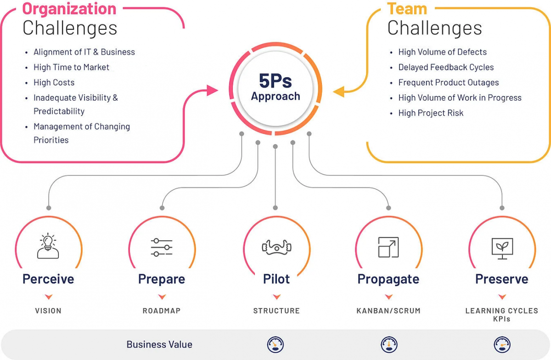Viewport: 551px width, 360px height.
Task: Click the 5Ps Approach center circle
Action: pyautogui.click(x=275, y=89)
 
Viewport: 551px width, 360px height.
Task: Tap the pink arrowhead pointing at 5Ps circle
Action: pyautogui.click(x=212, y=90)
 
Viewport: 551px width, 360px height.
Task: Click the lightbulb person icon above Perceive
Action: pyautogui.click(x=48, y=246)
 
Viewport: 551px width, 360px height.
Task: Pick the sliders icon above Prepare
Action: pyautogui.click(x=162, y=247)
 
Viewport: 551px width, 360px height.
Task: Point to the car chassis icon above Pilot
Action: pyautogui.click(x=276, y=247)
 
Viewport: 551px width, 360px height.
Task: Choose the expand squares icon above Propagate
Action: pyautogui.click(x=388, y=247)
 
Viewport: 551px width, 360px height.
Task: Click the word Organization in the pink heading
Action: pyautogui.click(x=69, y=9)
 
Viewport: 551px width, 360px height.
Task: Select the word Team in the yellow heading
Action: pyautogui.click(x=407, y=9)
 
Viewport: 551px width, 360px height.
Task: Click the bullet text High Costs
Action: pyautogui.click(x=54, y=83)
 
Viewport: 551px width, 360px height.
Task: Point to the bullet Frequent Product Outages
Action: pyautogui.click(x=448, y=83)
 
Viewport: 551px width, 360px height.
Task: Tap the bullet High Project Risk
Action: pyautogui.click(x=431, y=113)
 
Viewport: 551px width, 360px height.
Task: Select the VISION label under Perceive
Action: pyautogui.click(x=48, y=311)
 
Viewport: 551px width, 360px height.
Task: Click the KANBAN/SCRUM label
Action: pyautogui.click(x=388, y=311)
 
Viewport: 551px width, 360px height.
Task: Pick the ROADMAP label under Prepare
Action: pyautogui.click(x=162, y=311)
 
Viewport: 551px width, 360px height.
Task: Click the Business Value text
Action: pyautogui.click(x=159, y=344)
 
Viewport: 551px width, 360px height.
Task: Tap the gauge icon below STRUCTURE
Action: pyautogui.click(x=275, y=344)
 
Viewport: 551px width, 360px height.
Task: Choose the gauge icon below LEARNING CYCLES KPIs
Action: pyautogui.click(x=502, y=344)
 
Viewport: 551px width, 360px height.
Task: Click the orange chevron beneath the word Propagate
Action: pyautogui.click(x=388, y=297)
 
